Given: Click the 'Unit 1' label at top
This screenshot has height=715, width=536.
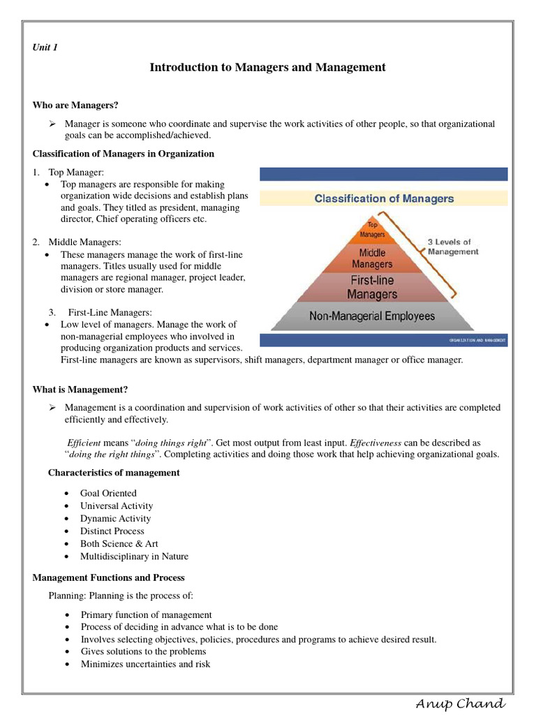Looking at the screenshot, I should click(x=45, y=47).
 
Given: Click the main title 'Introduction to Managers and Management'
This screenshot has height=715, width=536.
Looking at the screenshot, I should click(x=267, y=68).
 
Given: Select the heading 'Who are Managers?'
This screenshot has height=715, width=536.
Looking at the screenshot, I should click(x=75, y=105).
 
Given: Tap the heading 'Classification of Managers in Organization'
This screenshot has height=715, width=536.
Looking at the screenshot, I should click(x=124, y=154).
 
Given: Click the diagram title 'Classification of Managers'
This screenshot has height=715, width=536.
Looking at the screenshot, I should click(x=384, y=198).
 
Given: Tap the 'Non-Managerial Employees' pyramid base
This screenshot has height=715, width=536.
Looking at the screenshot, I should click(x=372, y=316).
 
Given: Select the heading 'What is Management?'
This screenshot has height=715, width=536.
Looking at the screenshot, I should click(x=80, y=389).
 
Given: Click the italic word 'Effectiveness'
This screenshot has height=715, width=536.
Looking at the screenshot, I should click(x=375, y=443).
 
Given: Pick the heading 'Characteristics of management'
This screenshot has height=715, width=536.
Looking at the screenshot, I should click(x=114, y=473).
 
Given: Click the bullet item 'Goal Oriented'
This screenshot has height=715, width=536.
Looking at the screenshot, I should click(x=108, y=493).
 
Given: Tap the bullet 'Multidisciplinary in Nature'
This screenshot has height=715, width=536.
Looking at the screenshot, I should click(x=134, y=556).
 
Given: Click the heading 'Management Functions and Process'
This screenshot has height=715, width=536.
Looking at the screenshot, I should click(x=108, y=577).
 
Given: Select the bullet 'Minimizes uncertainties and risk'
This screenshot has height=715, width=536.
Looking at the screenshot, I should click(x=145, y=664).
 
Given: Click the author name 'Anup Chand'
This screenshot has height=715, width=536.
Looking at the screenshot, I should click(x=459, y=702).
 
